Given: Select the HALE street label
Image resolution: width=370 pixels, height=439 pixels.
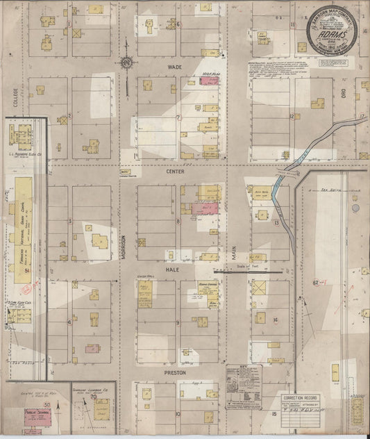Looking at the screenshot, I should tap(173, 267).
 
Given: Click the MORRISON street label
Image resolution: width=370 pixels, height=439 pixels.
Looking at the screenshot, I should tap(125, 247).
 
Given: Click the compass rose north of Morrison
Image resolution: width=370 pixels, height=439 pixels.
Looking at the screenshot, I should tap(127, 64).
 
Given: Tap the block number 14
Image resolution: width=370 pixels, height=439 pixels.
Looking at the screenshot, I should tap(276, 320).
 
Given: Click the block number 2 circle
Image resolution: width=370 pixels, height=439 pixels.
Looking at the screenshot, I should tap(70, 116).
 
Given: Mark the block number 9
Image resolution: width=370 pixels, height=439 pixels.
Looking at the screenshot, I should tap(178, 322).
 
